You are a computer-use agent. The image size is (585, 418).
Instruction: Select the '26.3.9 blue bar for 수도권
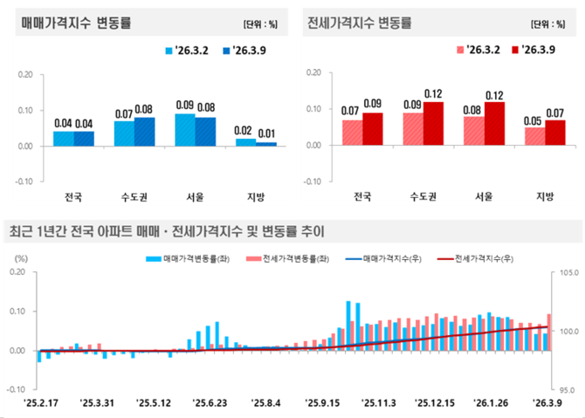coord(145,131)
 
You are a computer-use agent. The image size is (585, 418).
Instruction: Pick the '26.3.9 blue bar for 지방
coord(267,143)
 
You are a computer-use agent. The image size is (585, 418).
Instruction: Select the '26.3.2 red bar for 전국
coord(352,133)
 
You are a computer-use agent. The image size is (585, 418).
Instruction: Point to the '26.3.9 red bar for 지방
coord(555,133)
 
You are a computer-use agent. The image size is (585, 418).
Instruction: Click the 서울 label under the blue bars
coord(196,196)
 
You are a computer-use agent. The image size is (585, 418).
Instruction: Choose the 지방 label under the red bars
coord(545,196)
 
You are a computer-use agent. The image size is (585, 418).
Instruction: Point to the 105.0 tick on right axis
coord(566,272)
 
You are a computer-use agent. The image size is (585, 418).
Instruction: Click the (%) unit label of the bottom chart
coord(21,259)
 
